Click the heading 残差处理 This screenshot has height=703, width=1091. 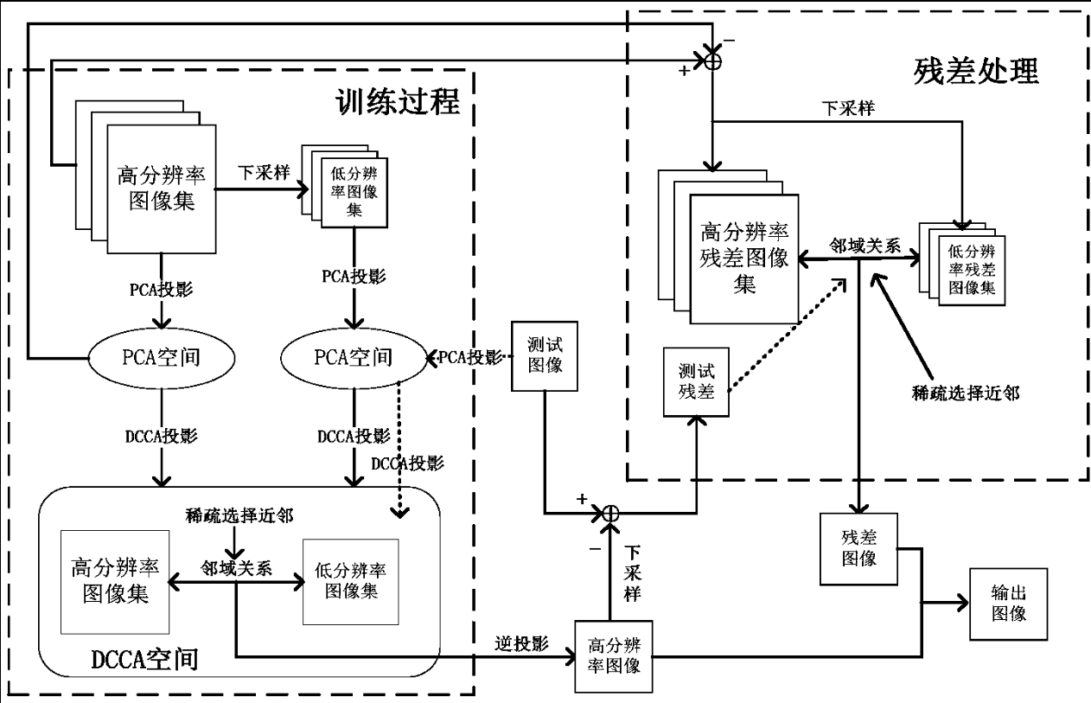point(975,72)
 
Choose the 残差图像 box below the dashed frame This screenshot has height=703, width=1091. point(859,548)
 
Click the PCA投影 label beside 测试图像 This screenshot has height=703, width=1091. point(469,356)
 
